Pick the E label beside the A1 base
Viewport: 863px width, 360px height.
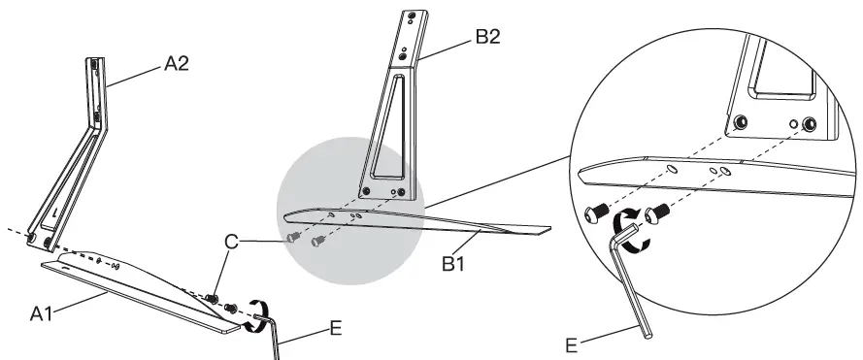pyautogui.click(x=336, y=328)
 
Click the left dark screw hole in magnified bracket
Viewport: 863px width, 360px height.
pyautogui.click(x=741, y=122)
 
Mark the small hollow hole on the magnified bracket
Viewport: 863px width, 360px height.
pyautogui.click(x=794, y=123)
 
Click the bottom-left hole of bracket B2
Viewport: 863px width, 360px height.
pyautogui.click(x=366, y=191)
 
